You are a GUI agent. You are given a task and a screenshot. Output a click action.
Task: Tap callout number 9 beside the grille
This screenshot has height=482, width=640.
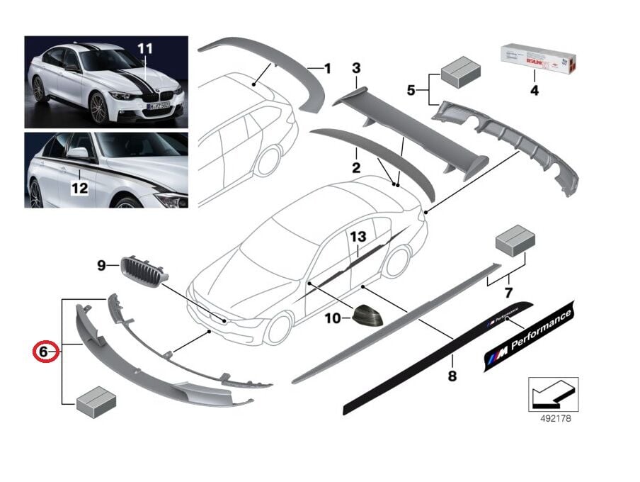(102, 265)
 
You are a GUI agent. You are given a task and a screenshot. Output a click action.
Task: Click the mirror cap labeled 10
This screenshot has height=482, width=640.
(367, 314)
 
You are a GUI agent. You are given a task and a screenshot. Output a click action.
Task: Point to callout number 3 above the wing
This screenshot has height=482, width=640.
(356, 68)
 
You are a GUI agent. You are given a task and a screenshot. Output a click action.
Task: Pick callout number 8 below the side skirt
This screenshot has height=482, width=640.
(452, 376)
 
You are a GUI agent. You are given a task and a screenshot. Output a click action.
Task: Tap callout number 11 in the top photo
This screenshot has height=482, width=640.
(145, 48)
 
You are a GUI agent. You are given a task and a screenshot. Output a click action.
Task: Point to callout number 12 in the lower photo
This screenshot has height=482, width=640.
(79, 188)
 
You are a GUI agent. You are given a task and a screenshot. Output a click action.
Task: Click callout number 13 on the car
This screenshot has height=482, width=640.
(358, 236)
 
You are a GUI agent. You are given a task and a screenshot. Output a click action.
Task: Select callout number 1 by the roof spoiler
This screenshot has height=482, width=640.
(328, 69)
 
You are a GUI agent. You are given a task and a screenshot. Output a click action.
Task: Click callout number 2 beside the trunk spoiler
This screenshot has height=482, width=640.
(355, 168)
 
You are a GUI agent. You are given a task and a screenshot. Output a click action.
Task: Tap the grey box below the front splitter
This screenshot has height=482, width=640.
(96, 403)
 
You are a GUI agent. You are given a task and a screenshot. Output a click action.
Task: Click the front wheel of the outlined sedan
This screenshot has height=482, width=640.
(277, 329)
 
